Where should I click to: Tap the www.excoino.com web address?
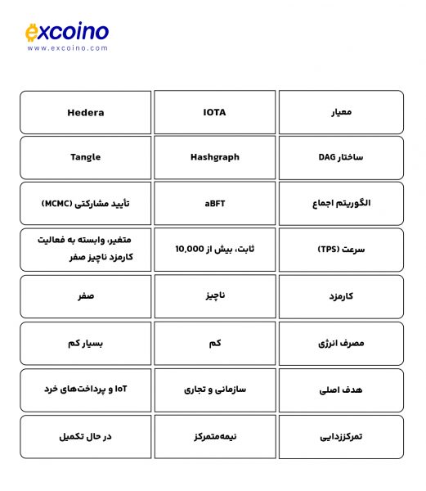[67, 48]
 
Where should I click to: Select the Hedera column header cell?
[86, 112]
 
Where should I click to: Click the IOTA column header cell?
[214, 112]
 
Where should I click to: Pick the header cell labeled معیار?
[341, 112]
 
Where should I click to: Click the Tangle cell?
[86, 157]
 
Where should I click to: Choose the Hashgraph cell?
[214, 157]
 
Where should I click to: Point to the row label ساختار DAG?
[341, 157]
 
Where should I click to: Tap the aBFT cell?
[214, 204]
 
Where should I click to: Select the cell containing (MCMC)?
[86, 204]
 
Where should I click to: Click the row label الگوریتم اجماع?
[341, 204]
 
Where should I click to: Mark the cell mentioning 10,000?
[214, 250]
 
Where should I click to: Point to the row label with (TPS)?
[341, 250]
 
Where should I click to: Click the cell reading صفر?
[86, 296]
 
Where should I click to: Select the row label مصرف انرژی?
[341, 343]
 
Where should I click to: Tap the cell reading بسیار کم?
[86, 343]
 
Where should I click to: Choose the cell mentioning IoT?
[86, 390]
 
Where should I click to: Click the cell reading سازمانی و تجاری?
[214, 390]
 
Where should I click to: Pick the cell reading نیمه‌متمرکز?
[214, 436]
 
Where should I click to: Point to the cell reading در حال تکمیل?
[86, 436]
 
